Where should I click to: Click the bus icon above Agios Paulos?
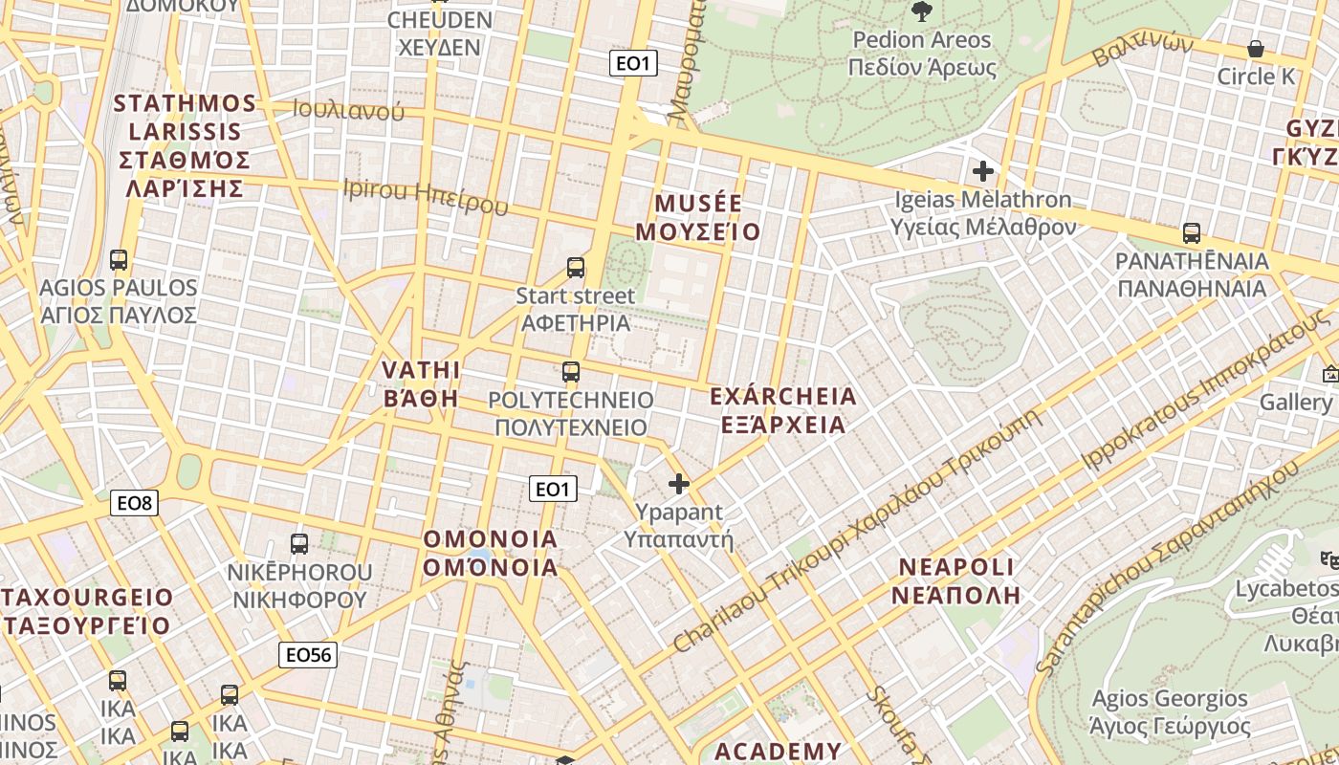click(119, 260)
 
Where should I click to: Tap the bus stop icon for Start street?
click(576, 268)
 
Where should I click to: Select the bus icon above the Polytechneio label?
click(571, 372)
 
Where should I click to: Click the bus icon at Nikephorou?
click(299, 544)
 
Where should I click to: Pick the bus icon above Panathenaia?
click(1192, 233)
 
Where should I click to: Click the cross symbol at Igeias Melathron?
click(982, 171)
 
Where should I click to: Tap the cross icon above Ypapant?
click(679, 484)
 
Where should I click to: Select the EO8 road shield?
click(134, 503)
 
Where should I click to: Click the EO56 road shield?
click(308, 655)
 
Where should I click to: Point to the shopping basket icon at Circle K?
click(1256, 48)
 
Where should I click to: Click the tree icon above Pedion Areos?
click(922, 11)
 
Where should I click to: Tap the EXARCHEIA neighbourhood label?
click(783, 410)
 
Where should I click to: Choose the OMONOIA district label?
click(491, 553)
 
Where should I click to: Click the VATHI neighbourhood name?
click(421, 384)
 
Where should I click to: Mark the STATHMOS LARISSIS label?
click(185, 145)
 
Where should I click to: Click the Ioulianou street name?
click(348, 111)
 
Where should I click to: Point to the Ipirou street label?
click(425, 196)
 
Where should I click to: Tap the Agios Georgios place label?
click(1170, 712)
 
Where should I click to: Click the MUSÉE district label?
click(698, 218)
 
